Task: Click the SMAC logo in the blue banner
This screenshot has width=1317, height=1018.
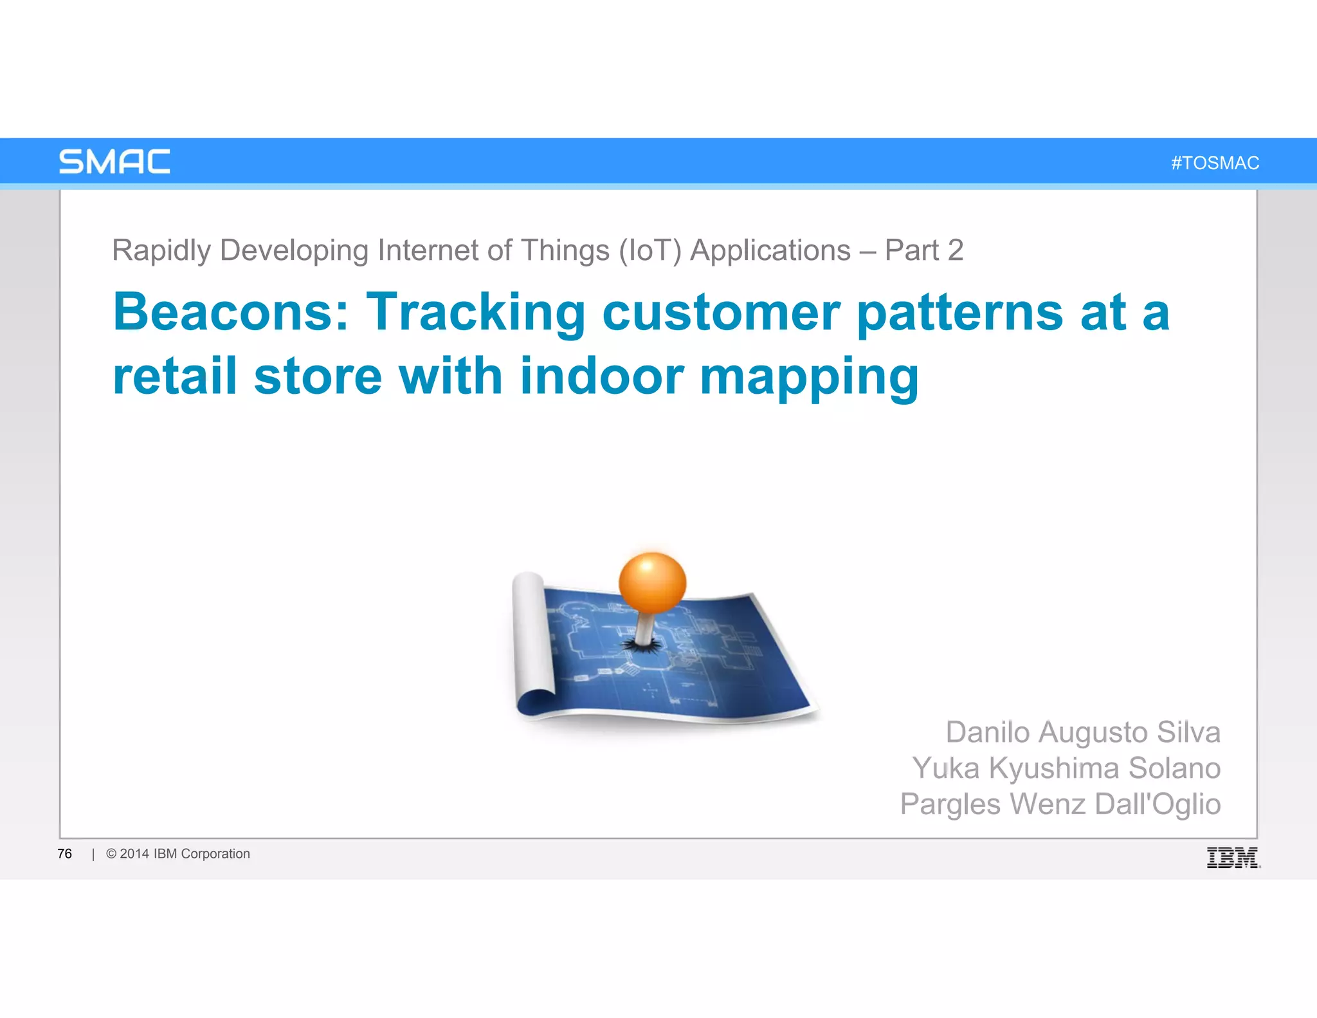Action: tap(114, 162)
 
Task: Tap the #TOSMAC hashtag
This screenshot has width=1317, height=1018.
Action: tap(1215, 163)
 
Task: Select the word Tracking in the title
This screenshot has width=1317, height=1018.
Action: tap(475, 312)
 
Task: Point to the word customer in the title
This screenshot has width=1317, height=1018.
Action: tap(721, 313)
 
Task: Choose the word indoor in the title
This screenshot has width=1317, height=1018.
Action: tap(601, 376)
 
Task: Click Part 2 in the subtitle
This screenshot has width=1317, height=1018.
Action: tap(923, 250)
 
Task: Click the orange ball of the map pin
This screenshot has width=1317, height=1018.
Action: tap(652, 582)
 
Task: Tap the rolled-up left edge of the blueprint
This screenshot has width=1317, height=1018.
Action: tap(532, 643)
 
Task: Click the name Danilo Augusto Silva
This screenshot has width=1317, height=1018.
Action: tap(1082, 732)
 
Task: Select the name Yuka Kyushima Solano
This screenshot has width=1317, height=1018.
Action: tap(1066, 768)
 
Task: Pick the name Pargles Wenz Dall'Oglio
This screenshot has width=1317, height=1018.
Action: tap(1060, 804)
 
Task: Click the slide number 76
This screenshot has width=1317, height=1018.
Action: tap(64, 854)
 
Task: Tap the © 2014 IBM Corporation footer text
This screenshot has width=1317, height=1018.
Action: tap(178, 854)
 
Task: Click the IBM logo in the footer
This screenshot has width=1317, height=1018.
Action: tap(1232, 858)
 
